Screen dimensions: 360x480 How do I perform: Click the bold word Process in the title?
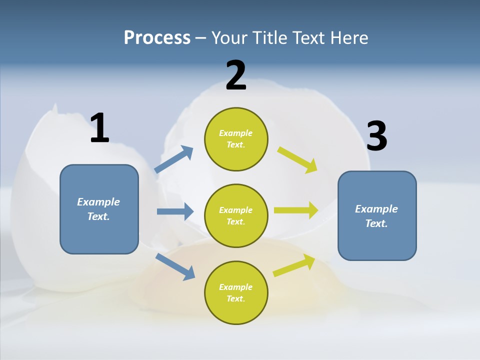[x=157, y=37]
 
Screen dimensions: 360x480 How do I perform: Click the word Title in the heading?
[x=268, y=37]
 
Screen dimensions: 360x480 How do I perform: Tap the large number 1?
[x=99, y=128]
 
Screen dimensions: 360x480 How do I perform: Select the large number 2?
[x=236, y=75]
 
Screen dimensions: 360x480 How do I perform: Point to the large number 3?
[x=376, y=136]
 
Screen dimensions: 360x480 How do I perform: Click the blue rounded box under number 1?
[x=99, y=209]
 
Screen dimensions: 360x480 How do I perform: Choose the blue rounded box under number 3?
[x=377, y=215]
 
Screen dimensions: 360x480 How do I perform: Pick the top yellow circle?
[x=236, y=139]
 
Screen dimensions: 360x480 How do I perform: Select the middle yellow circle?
[x=236, y=215]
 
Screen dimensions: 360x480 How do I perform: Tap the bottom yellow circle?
[x=236, y=292]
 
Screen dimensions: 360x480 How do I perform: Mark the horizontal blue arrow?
[x=175, y=211]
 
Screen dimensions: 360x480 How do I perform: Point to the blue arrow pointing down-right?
[x=175, y=267]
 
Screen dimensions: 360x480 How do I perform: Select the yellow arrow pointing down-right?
[x=297, y=160]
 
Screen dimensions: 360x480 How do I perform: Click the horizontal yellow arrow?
[x=296, y=210]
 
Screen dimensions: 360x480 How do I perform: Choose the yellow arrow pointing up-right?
[x=294, y=265]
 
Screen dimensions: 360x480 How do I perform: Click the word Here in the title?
[x=350, y=37]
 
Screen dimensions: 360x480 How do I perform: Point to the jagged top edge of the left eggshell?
[x=55, y=120]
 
